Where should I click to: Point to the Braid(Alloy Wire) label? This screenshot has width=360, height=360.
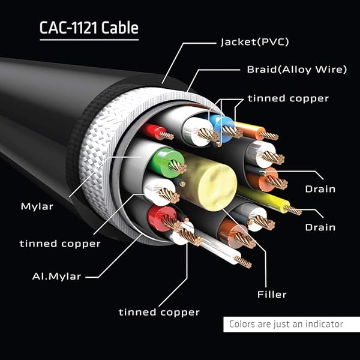296,70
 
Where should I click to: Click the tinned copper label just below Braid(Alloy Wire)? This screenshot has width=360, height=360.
289,98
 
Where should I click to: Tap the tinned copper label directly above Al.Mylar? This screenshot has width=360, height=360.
60,244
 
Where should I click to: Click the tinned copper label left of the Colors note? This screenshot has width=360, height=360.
159,312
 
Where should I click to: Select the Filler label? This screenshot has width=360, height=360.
271,294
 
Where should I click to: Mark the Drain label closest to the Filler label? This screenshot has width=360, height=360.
320,227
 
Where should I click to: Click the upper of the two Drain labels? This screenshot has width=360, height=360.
320,189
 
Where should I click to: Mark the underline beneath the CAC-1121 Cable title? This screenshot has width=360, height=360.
89,40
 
